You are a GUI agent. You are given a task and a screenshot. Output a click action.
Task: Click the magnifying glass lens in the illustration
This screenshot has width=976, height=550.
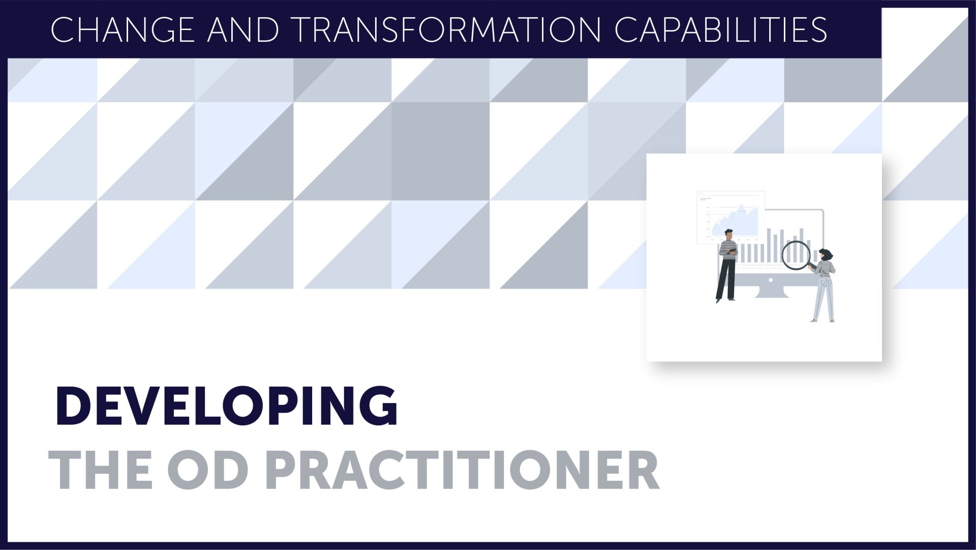click(796, 255)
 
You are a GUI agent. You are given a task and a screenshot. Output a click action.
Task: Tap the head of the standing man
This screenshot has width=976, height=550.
click(728, 235)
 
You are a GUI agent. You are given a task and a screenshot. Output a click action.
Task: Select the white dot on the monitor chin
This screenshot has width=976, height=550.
click(771, 280)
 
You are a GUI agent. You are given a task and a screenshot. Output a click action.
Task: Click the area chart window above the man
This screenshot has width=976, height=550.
click(731, 216)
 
